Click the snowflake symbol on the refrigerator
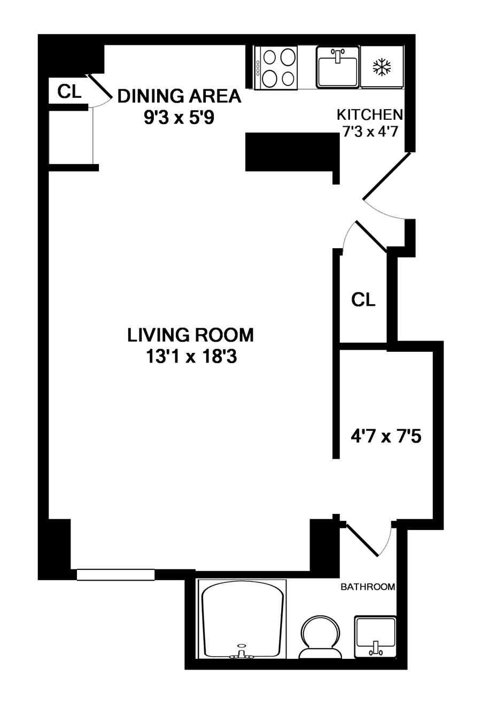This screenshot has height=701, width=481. click(x=382, y=67)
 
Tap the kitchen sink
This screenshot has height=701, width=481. click(x=337, y=67)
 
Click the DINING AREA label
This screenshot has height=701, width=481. click(x=180, y=96)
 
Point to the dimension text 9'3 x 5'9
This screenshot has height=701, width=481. click(x=179, y=118)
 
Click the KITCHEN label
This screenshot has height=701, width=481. click(x=370, y=115)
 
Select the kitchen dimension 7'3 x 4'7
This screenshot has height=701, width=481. click(x=370, y=132)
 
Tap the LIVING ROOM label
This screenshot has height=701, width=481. click(x=190, y=335)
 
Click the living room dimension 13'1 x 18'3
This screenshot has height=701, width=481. click(x=191, y=357)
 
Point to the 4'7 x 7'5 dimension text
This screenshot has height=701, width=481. click(x=386, y=436)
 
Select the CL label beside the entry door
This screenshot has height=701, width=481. click(x=363, y=299)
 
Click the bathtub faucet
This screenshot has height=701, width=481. click(x=242, y=651)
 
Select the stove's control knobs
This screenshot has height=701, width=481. click(x=258, y=68)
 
